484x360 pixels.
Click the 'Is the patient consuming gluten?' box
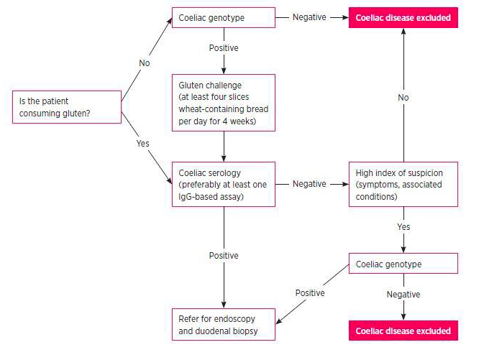pos(67,107)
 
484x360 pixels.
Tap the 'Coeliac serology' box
pos(223,184)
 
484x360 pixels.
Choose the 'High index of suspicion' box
pos(403,184)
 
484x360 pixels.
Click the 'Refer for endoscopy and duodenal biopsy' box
pos(223,325)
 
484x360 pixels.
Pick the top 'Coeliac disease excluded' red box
pos(403,18)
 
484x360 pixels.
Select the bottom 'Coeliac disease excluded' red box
pos(403,331)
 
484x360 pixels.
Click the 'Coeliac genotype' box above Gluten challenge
pos(223,18)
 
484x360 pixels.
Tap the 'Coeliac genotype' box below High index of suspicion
pos(403,264)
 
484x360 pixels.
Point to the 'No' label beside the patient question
pos(145,63)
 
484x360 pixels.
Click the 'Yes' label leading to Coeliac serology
pos(143,143)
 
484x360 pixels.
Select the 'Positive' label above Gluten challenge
pos(224,48)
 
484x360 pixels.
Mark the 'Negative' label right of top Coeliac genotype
pos(309,17)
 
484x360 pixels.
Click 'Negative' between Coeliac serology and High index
pos(309,184)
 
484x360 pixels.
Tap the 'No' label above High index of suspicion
pos(403,97)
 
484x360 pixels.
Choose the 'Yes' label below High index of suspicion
pos(403,227)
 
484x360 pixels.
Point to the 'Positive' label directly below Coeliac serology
pos(224,256)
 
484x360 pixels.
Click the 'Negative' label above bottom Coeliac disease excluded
pos(403,295)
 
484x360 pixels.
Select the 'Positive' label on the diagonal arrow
pos(310,292)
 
